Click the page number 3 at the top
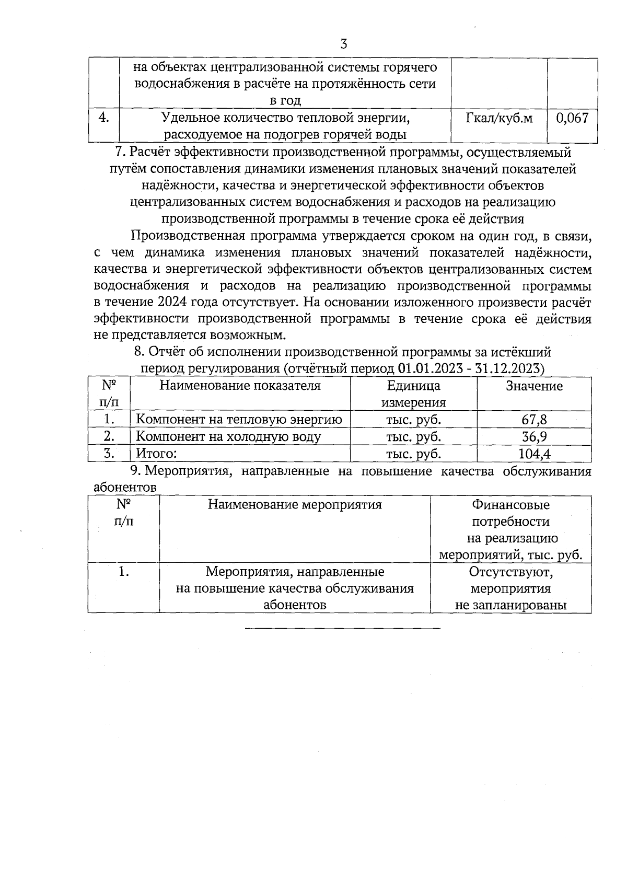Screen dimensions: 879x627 pyautogui.click(x=343, y=44)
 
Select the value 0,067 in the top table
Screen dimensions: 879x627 pyautogui.click(x=572, y=118)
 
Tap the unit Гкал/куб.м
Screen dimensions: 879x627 pyautogui.click(x=499, y=118)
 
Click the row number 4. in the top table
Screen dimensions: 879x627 pyautogui.click(x=103, y=118)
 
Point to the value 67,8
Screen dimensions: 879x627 pyautogui.click(x=534, y=420)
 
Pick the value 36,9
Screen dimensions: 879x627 pyautogui.click(x=534, y=437)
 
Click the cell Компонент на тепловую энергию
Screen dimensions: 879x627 pyautogui.click(x=239, y=420)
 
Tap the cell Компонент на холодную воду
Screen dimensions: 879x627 pyautogui.click(x=228, y=437)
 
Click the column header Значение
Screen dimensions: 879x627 pyautogui.click(x=534, y=386)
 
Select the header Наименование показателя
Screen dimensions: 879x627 pyautogui.click(x=240, y=386)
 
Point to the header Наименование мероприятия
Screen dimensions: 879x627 pyautogui.click(x=295, y=505)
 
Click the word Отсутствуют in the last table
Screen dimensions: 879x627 pyautogui.click(x=510, y=572)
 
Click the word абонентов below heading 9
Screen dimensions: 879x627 pyautogui.click(x=124, y=488)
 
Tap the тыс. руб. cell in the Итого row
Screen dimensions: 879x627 pyautogui.click(x=413, y=454)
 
